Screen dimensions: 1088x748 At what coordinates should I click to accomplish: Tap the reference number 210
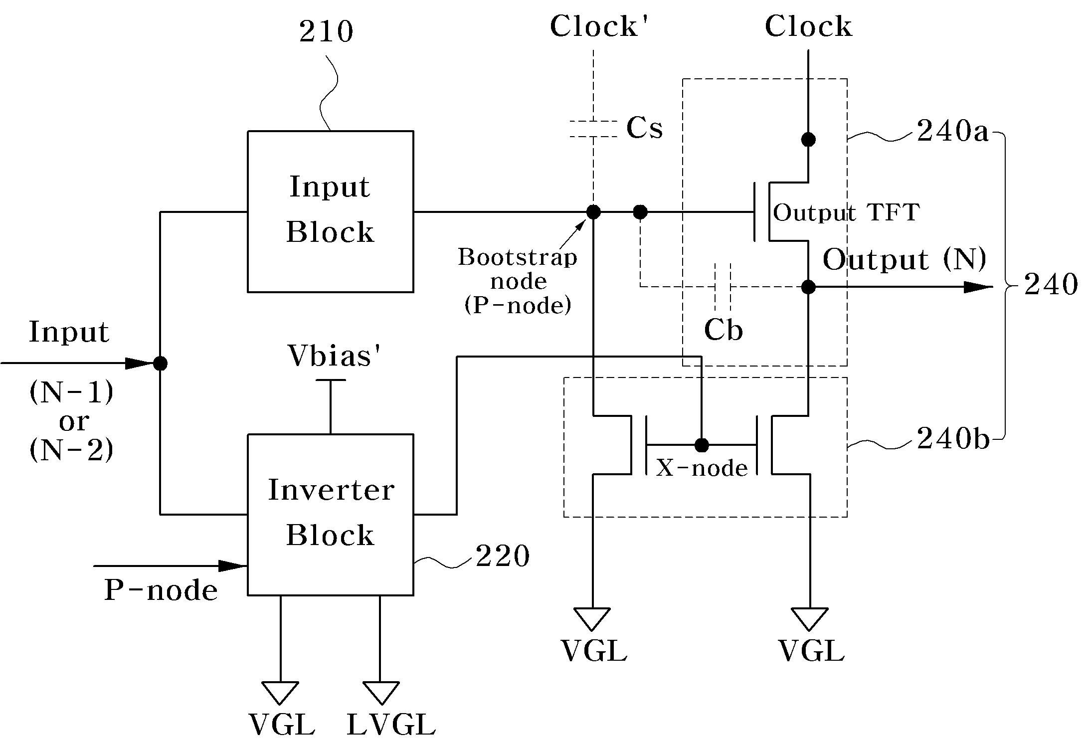point(326,31)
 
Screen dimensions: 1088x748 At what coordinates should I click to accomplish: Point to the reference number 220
point(502,556)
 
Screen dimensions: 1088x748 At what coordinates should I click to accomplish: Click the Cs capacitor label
point(644,128)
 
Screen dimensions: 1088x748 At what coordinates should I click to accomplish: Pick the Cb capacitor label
point(723,330)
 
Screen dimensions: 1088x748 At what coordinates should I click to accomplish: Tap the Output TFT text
point(846,213)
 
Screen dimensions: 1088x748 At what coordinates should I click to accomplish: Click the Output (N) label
point(905,259)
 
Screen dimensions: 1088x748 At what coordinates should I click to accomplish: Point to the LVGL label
point(391,725)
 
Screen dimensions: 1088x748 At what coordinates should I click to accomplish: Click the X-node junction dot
point(702,445)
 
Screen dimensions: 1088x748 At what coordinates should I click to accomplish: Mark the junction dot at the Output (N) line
point(808,287)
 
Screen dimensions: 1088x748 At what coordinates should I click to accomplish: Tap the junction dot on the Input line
point(160,364)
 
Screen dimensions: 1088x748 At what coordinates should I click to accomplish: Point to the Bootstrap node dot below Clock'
point(593,212)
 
